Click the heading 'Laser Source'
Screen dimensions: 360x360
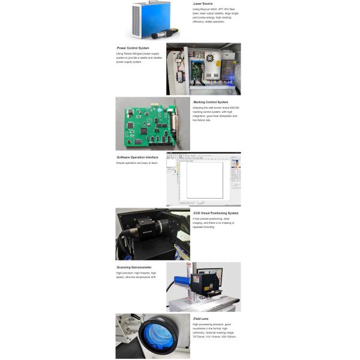(203, 4)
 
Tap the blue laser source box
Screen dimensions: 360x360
(148, 16)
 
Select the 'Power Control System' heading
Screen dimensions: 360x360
(133, 47)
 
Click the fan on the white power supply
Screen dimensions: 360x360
(210, 59)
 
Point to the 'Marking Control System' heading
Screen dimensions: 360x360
(211, 102)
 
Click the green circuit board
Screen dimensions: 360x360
(150, 124)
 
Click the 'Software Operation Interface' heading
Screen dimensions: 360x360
(137, 157)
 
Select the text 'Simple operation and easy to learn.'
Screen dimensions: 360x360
(137, 163)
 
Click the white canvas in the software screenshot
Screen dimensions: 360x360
(204, 179)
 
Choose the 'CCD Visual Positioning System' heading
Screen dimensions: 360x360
(215, 213)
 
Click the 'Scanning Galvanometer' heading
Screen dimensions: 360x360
(134, 267)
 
